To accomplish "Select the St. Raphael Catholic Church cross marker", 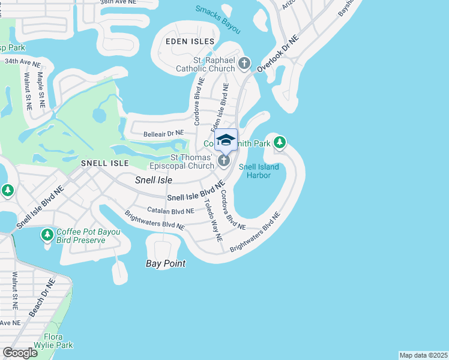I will (x=244, y=63).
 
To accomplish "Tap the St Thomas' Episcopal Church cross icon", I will (x=223, y=160).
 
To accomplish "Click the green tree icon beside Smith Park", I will (x=279, y=143).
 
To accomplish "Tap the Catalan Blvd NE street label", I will (x=170, y=211).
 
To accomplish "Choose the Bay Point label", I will (x=166, y=263).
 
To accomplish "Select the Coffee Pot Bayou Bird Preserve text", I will (x=80, y=236).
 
